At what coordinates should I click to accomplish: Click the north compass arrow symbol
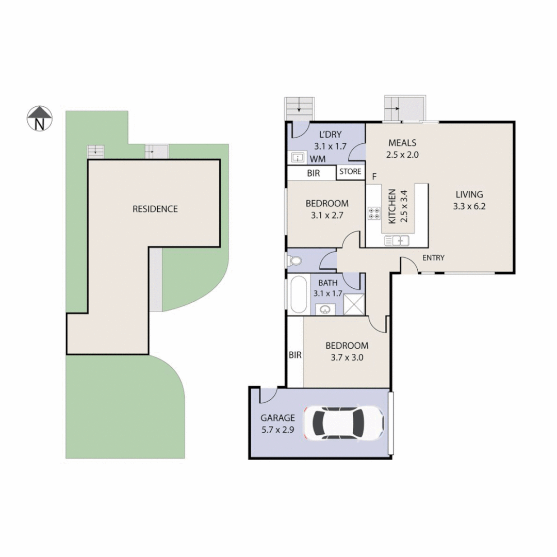click(x=40, y=118)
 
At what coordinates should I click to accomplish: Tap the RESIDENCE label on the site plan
click(x=155, y=209)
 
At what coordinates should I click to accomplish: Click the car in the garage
click(x=343, y=423)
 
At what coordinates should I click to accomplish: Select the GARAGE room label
click(x=277, y=418)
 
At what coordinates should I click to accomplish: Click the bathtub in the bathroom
click(x=298, y=294)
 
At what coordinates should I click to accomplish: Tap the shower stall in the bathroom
click(x=353, y=304)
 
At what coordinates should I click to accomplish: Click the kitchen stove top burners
click(x=374, y=214)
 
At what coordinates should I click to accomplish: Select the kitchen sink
click(x=397, y=240)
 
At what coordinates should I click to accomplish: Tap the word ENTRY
click(x=433, y=258)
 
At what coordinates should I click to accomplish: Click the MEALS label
click(x=402, y=143)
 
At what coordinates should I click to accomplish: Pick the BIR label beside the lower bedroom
click(x=295, y=355)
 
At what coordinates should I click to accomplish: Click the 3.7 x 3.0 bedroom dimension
click(x=346, y=356)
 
